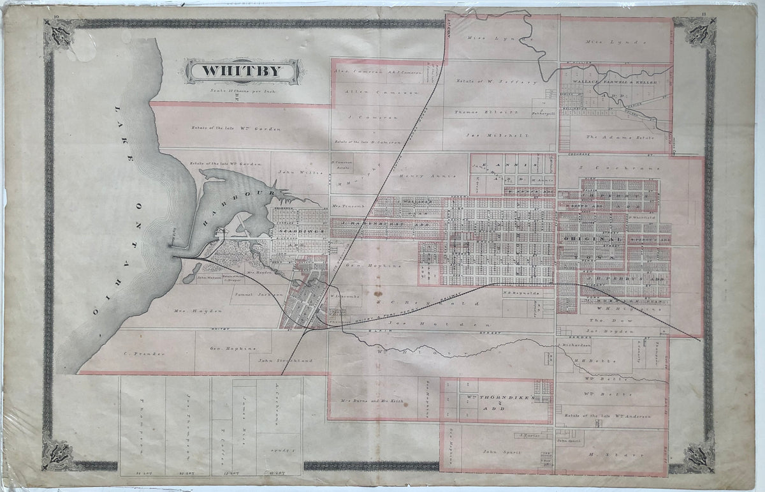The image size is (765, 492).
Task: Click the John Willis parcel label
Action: [293, 172]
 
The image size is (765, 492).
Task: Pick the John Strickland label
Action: [285, 361]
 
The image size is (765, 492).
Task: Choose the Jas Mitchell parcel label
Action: [489, 135]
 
